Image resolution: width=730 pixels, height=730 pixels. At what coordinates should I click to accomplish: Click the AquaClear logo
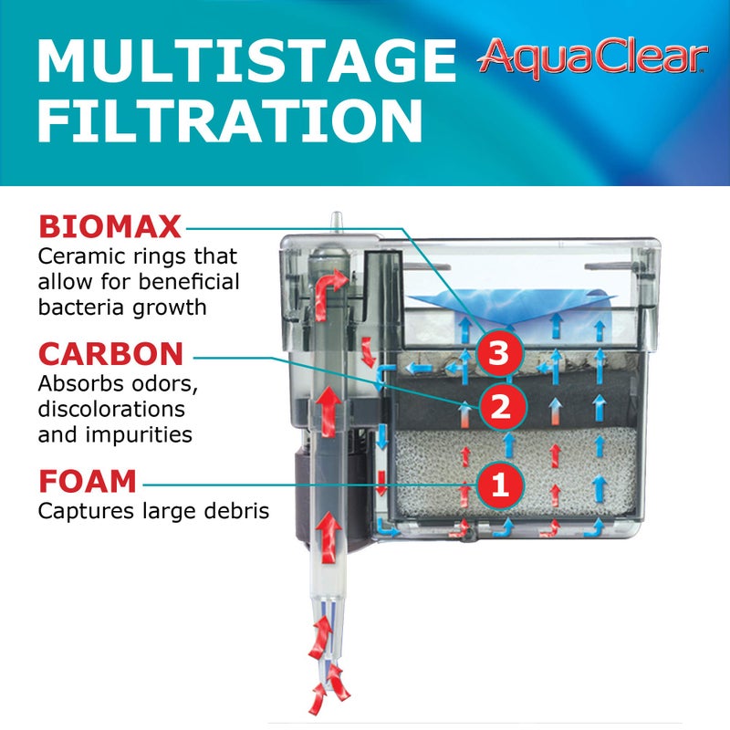(x=592, y=57)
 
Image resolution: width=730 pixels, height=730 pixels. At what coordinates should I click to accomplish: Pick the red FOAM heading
(x=88, y=480)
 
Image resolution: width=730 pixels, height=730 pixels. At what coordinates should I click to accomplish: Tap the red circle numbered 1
(x=499, y=483)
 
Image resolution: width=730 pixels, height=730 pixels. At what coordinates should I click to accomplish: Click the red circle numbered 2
(x=499, y=407)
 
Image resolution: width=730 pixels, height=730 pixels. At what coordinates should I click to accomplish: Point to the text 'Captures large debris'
(x=153, y=511)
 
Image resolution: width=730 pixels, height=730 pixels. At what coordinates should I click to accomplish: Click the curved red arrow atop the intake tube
(x=330, y=283)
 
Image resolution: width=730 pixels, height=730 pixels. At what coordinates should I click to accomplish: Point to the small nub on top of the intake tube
(x=337, y=221)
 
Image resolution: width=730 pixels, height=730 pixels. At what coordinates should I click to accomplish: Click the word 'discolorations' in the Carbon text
(x=111, y=409)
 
